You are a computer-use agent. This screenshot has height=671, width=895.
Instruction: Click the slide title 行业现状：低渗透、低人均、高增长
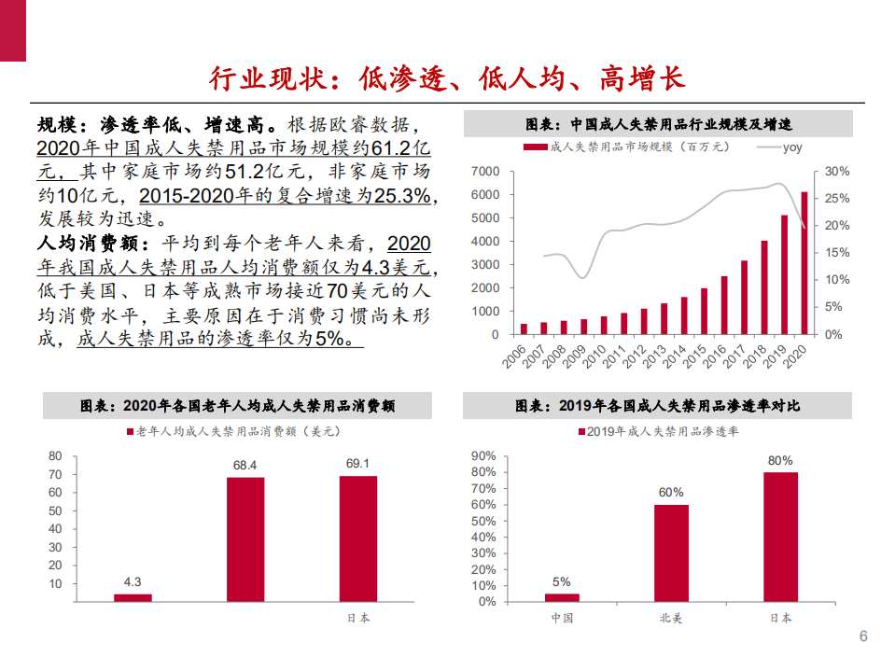click(x=447, y=78)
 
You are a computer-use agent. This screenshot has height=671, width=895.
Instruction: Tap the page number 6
click(x=862, y=636)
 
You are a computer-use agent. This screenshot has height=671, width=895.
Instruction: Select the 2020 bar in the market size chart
click(x=804, y=262)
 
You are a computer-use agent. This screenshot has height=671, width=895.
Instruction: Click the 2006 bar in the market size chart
click(x=524, y=329)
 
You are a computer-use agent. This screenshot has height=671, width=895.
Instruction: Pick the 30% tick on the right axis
click(x=837, y=172)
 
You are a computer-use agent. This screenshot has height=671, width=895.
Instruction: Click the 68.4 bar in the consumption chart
click(x=245, y=538)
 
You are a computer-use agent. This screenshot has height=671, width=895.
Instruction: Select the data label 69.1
click(x=357, y=463)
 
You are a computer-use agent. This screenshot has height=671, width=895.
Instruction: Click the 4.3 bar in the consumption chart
click(x=133, y=596)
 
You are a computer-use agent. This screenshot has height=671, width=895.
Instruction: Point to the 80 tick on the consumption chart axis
click(x=55, y=456)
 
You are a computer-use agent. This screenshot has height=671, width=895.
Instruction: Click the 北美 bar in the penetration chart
click(x=670, y=552)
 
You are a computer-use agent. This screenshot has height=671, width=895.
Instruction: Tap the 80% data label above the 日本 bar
click(x=780, y=460)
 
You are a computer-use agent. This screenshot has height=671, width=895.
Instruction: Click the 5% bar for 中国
click(x=561, y=597)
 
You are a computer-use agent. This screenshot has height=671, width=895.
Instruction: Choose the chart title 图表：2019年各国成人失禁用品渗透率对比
click(x=657, y=406)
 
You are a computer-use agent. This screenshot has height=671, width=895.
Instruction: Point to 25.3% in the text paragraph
click(x=402, y=196)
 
